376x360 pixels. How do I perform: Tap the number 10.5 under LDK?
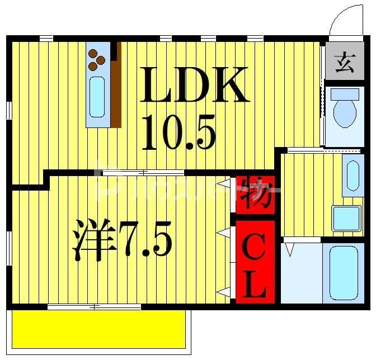coord(178,133)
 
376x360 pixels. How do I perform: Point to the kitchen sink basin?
coord(97,97)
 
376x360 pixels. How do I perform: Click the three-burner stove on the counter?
coord(97,58)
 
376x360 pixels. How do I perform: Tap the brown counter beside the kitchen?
coord(116,93)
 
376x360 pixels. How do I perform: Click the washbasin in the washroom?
coord(353,178)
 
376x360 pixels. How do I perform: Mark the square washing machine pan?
coord(346,218)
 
